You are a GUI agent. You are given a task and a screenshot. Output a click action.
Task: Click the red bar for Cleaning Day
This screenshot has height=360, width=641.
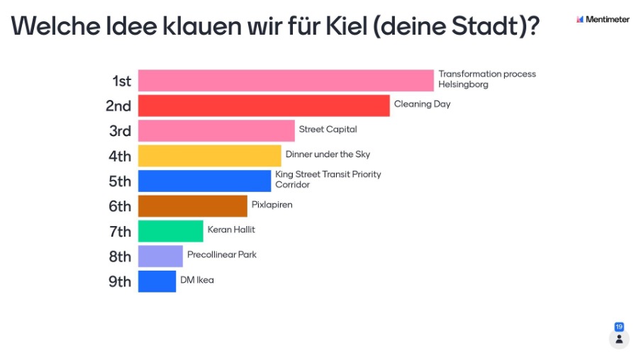pos(263,106)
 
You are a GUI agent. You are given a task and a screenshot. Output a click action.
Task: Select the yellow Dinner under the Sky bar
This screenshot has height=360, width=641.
pos(209,156)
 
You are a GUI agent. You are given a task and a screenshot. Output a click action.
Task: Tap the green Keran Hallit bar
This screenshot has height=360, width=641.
pos(170,231)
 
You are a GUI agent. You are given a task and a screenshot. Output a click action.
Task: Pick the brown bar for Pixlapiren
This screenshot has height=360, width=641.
pos(192,206)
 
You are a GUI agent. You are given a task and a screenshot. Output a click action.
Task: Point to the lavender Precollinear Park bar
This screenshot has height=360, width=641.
pos(160,256)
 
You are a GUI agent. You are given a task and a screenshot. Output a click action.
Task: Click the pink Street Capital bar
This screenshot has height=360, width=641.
pos(216,130)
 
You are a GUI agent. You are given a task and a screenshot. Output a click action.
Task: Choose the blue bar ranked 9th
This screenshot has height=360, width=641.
pos(157,281)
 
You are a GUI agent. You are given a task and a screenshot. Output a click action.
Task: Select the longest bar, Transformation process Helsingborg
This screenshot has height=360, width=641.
pos(285,80)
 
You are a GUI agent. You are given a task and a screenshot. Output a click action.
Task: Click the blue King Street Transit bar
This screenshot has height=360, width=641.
pos(204,181)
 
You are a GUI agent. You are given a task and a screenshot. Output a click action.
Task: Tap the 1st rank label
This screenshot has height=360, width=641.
pos(121,81)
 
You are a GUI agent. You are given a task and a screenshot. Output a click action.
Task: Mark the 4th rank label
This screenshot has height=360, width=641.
pos(120,156)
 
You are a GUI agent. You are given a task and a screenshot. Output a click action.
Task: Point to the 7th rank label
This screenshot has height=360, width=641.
pos(120,232)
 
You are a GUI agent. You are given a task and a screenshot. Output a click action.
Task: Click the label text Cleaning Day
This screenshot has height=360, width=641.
pos(422,104)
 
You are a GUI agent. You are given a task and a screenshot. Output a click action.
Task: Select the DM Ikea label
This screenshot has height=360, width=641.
pos(196,280)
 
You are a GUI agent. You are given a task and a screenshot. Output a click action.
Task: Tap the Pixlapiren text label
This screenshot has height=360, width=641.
pos(272,205)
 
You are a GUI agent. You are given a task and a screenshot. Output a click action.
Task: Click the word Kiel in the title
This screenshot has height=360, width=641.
pos(344,26)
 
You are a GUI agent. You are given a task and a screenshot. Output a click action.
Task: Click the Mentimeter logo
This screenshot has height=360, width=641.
pos(603,19)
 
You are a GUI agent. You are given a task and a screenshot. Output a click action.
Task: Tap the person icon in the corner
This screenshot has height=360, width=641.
pos(619,339)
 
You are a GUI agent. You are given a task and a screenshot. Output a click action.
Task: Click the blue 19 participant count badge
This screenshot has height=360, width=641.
pos(619,327)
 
